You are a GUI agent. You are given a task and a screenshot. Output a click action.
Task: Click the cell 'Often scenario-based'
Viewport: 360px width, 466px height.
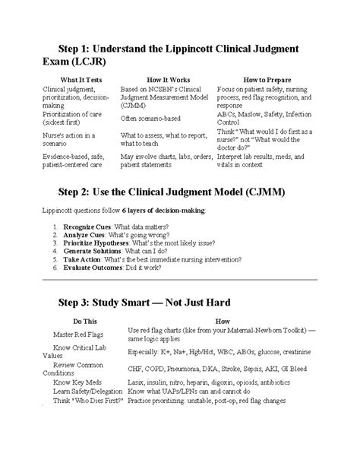[151, 116]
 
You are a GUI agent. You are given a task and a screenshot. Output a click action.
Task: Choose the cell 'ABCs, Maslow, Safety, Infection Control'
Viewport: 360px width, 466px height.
[271, 116]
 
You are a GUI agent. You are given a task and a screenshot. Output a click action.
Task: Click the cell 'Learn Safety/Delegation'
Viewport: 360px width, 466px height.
[79, 412]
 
